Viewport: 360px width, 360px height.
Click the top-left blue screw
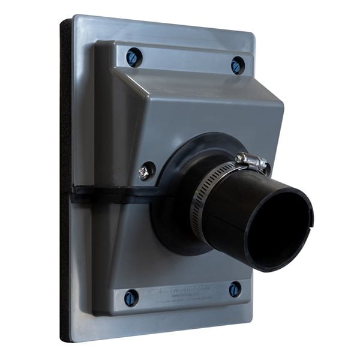133,58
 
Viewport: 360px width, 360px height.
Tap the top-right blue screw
238,65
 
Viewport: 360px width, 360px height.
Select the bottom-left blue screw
131,298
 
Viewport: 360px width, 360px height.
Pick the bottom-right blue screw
235,290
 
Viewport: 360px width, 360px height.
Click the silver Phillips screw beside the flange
146,171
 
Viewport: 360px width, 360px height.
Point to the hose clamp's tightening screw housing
252,160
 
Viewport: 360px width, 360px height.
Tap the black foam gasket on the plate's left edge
65,180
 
